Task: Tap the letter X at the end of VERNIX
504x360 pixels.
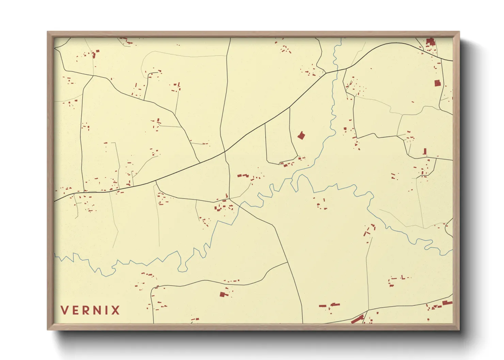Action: (x=115, y=310)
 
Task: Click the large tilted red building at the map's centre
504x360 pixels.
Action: (x=301, y=136)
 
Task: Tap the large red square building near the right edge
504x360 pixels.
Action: (x=437, y=83)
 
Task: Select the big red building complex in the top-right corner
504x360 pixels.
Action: (x=430, y=42)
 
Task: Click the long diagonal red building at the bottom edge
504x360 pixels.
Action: (x=357, y=319)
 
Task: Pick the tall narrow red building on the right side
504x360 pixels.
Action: (x=425, y=151)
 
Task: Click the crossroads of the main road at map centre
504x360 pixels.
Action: (x=225, y=151)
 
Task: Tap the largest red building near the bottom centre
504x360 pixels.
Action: (x=223, y=294)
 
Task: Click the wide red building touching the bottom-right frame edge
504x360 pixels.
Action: (x=447, y=302)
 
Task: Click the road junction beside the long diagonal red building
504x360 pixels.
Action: (x=366, y=311)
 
